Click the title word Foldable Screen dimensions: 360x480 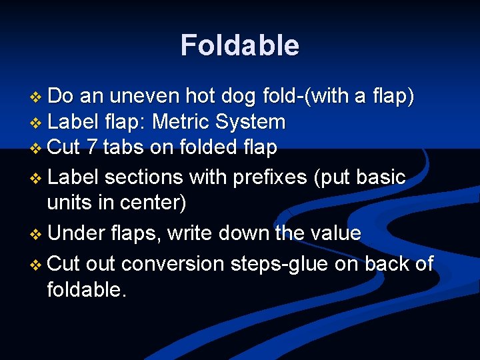(x=240, y=45)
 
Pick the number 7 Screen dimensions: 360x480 (x=91, y=147)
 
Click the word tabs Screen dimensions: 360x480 (x=123, y=147)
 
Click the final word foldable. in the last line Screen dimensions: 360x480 (x=86, y=289)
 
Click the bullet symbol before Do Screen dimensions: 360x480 (x=37, y=97)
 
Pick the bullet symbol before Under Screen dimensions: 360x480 (x=37, y=234)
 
